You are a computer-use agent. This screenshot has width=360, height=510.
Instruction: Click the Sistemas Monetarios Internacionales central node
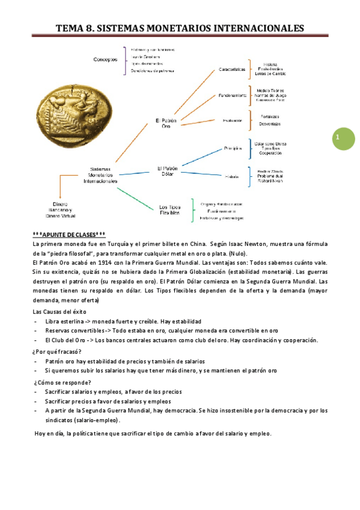[100, 174]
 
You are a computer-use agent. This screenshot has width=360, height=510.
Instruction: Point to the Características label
[232, 69]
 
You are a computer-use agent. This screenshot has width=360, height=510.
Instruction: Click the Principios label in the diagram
[233, 147]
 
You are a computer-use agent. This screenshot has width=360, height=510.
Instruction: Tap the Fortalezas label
[269, 115]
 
